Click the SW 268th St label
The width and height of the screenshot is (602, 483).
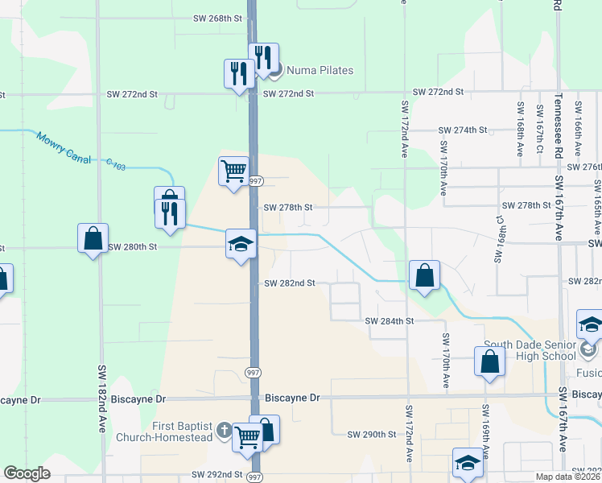pos(218,17)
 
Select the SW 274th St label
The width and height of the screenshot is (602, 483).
pos(463,130)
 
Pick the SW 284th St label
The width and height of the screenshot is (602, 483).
pos(389,320)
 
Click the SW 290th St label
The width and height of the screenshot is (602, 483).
pos(372,434)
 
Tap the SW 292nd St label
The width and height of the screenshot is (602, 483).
pos(217,475)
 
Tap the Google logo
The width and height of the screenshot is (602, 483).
pos(27,473)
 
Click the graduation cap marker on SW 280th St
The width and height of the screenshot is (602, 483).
pos(241,245)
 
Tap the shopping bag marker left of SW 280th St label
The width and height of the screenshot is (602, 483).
pos(93,238)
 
